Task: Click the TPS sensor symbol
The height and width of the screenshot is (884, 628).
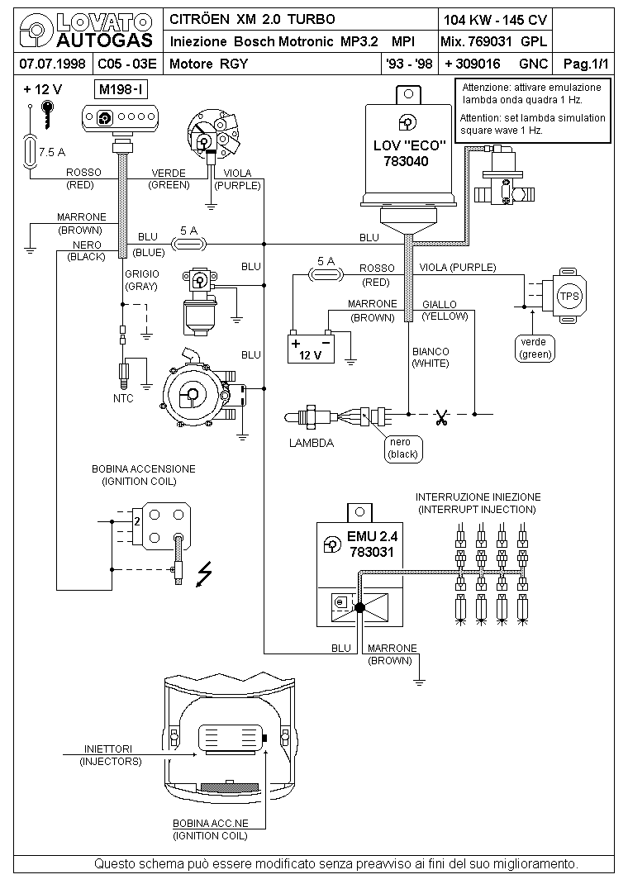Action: pos(569,295)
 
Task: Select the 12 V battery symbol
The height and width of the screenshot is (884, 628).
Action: pos(310,347)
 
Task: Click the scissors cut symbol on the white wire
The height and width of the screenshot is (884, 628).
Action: pos(441,417)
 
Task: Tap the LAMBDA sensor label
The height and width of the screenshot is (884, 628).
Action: pos(312,443)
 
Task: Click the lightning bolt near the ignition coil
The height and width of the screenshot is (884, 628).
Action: pos(203,574)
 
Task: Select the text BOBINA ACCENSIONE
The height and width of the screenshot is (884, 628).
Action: pos(144,469)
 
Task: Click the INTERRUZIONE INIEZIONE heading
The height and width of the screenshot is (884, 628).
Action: pos(478,497)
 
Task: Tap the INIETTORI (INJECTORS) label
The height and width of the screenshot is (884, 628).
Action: pos(111,754)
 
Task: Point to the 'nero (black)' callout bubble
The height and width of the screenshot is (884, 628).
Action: pos(404,448)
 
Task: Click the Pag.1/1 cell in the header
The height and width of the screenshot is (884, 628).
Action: pos(591,64)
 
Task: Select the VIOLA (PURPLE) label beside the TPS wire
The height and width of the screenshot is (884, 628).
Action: pos(457,267)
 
